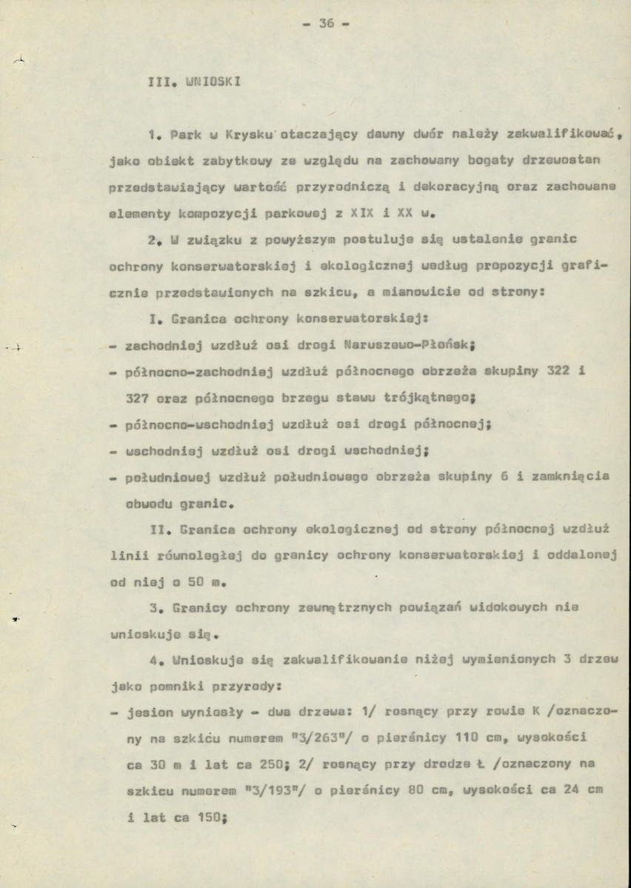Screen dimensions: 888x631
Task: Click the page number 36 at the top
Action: coord(327,23)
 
